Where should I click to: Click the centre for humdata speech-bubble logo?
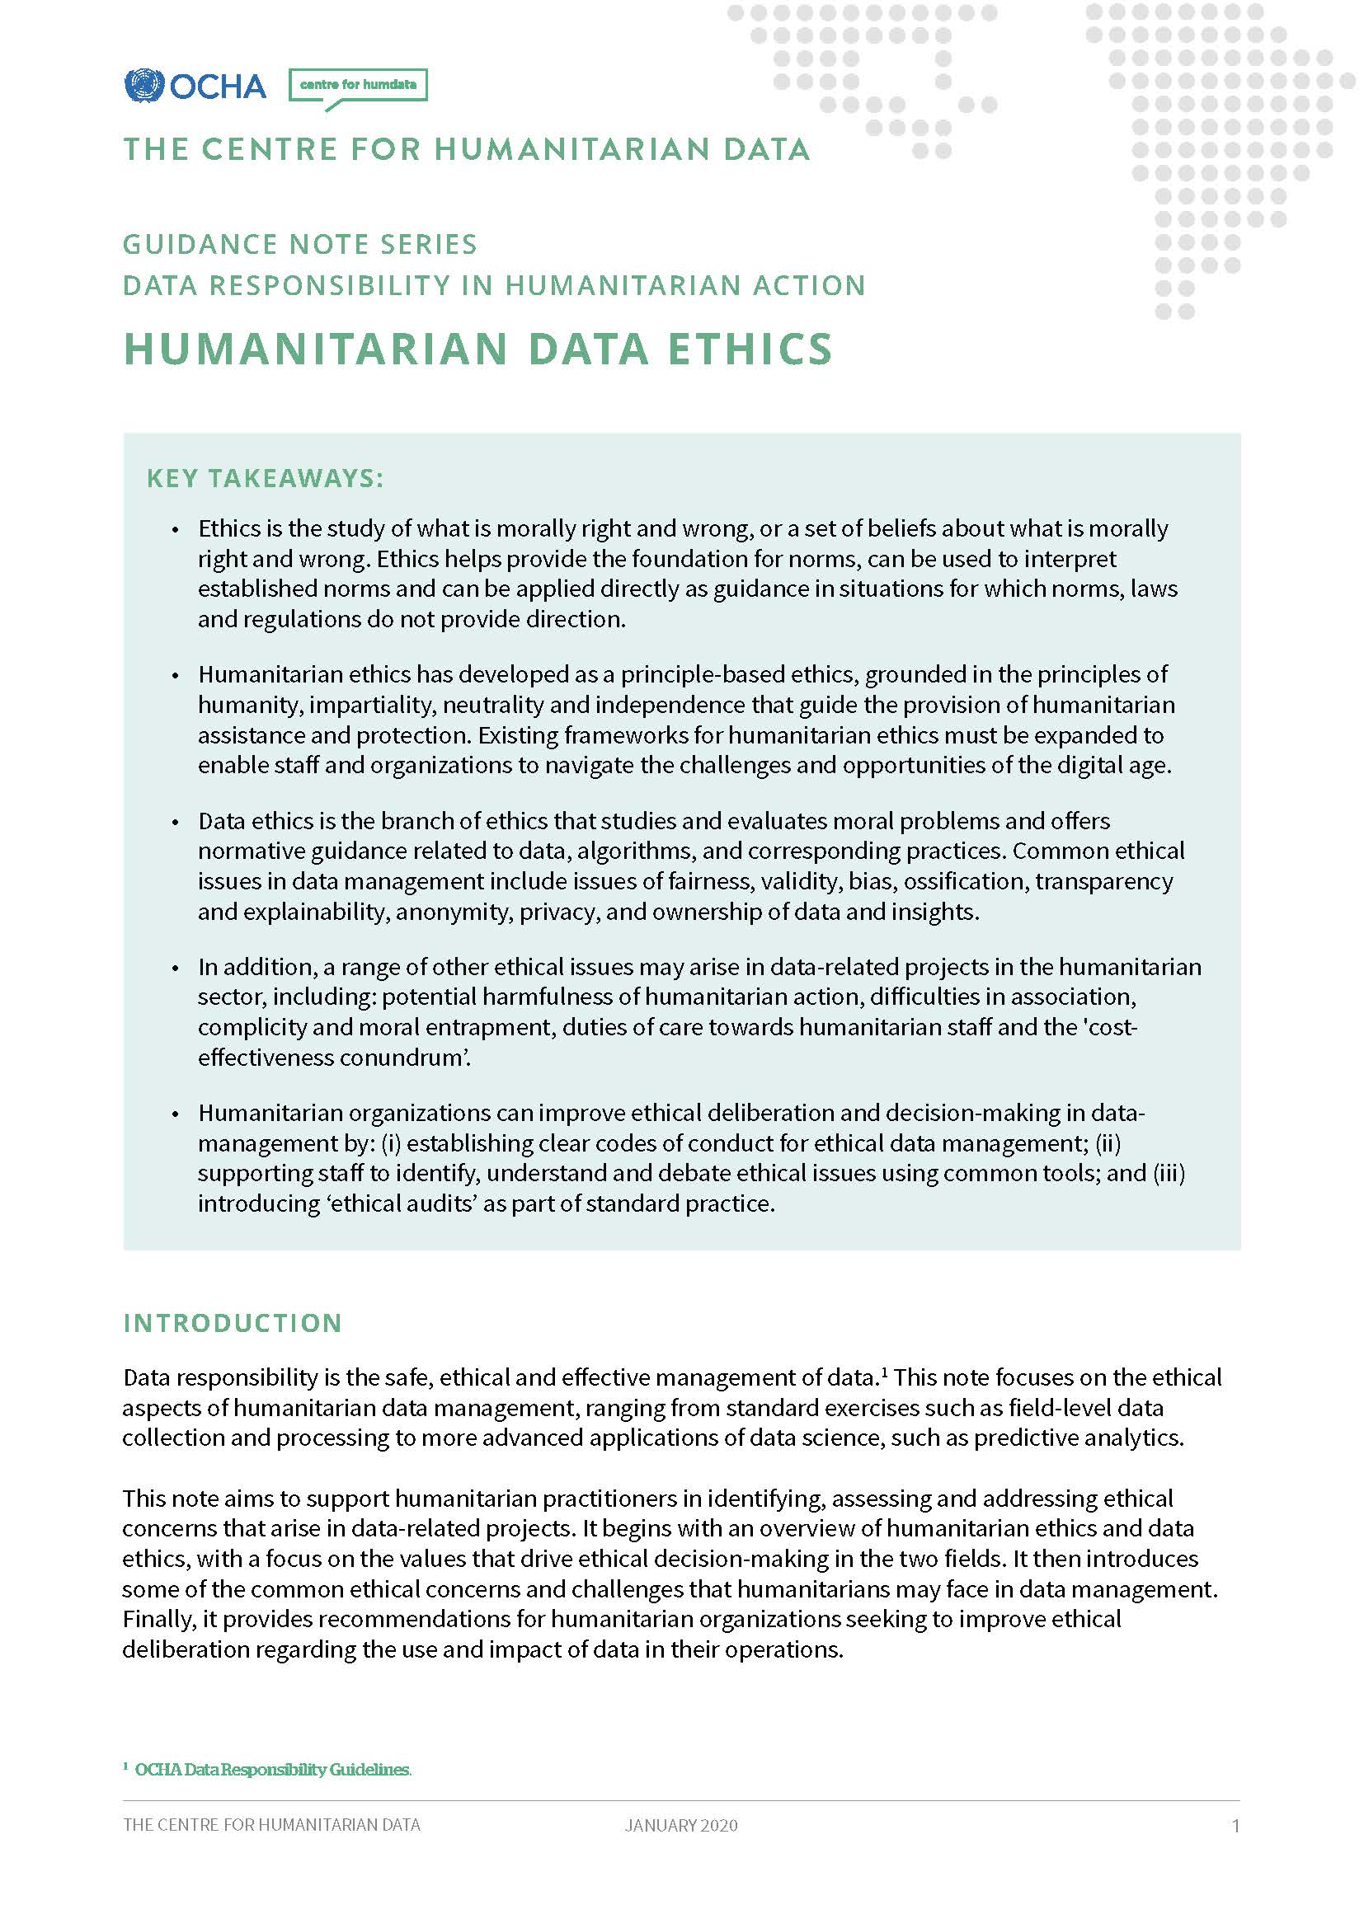[x=358, y=86]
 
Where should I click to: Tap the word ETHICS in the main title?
[x=749, y=349]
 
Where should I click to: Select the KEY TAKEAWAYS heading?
[x=265, y=479]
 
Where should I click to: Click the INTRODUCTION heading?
[x=233, y=1324]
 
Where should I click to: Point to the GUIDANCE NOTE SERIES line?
[x=300, y=244]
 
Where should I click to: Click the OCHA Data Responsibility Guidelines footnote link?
[x=272, y=1770]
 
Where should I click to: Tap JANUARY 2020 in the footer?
[x=680, y=1826]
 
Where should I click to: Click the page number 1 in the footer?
[x=1235, y=1826]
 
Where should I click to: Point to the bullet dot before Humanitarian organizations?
[x=176, y=1114]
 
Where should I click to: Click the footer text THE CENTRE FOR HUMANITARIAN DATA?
[x=271, y=1826]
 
